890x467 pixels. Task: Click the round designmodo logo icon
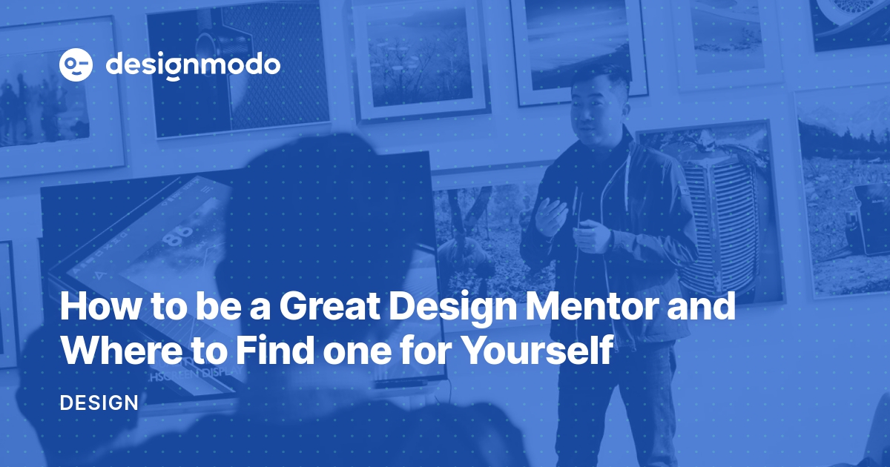pyautogui.click(x=76, y=65)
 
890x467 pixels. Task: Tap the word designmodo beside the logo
pyautogui.click(x=193, y=65)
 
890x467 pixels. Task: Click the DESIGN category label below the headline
pyautogui.click(x=99, y=403)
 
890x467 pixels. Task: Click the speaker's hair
pyautogui.click(x=602, y=80)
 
